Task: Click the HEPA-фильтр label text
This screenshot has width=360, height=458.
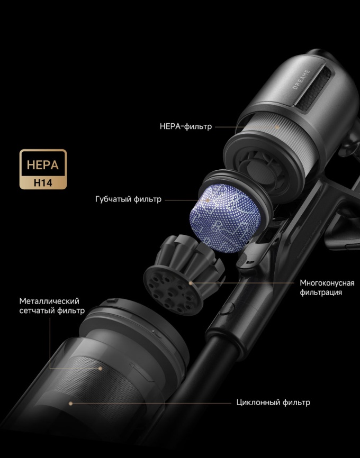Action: pos(185,127)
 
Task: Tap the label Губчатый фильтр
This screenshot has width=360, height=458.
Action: pos(128,199)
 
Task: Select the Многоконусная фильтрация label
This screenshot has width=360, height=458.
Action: pos(327,287)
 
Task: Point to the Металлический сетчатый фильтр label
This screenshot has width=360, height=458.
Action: pos(52,306)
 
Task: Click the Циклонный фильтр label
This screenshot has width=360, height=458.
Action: pos(273,402)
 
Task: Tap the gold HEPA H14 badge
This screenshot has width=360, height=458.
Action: pos(43,169)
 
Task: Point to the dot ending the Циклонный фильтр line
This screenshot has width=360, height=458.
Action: pos(70,403)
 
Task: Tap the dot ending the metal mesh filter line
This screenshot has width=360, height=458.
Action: pos(100,369)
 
